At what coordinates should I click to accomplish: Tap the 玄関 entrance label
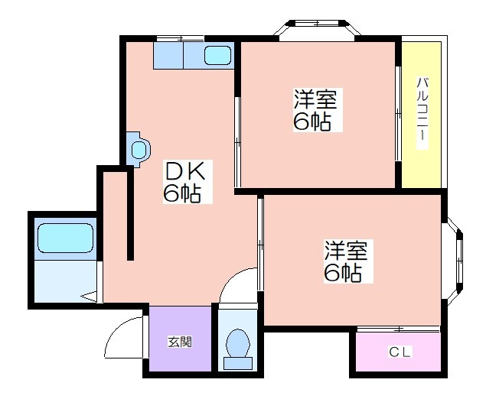click(180, 342)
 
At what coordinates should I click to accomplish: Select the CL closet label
click(400, 352)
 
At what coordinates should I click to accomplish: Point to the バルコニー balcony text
click(422, 114)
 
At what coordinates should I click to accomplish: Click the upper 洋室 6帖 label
click(318, 110)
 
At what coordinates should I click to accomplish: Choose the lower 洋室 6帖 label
click(348, 261)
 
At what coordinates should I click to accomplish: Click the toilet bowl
click(238, 343)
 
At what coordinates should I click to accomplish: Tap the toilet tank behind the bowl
click(238, 363)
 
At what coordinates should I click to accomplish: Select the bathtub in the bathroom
click(65, 238)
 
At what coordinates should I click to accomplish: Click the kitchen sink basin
click(218, 55)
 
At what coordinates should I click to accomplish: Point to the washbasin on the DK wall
click(139, 150)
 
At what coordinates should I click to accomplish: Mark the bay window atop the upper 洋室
click(318, 28)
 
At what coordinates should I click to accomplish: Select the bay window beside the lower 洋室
click(455, 261)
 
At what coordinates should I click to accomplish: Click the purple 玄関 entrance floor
click(180, 339)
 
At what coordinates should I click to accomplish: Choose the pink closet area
click(398, 352)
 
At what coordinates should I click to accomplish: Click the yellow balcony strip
click(422, 115)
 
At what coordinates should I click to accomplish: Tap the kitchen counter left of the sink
click(168, 55)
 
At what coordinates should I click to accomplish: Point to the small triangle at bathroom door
click(90, 297)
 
